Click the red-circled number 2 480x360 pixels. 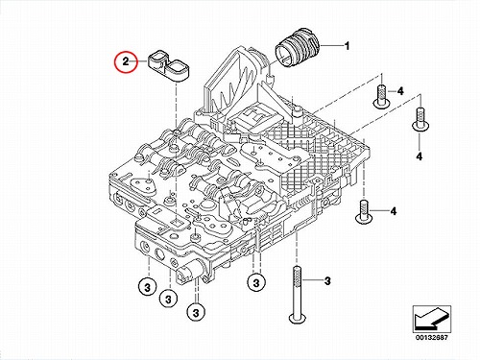[126, 61]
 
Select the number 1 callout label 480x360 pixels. [347, 46]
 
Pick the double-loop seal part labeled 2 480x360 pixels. [169, 66]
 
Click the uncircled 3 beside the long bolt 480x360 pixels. [327, 281]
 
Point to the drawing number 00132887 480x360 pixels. [432, 337]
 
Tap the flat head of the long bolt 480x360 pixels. [298, 318]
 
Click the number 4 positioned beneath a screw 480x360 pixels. [420, 156]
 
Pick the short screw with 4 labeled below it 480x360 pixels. [420, 119]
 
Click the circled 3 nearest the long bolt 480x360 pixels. [256, 283]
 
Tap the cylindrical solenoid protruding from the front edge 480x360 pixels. [190, 271]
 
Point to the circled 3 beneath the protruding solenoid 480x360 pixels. [196, 312]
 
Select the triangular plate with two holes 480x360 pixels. [144, 185]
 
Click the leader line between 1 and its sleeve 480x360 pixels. [331, 47]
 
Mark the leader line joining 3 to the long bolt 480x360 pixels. [312, 280]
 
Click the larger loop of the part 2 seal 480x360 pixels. [179, 67]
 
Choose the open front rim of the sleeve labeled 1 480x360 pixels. [284, 57]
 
